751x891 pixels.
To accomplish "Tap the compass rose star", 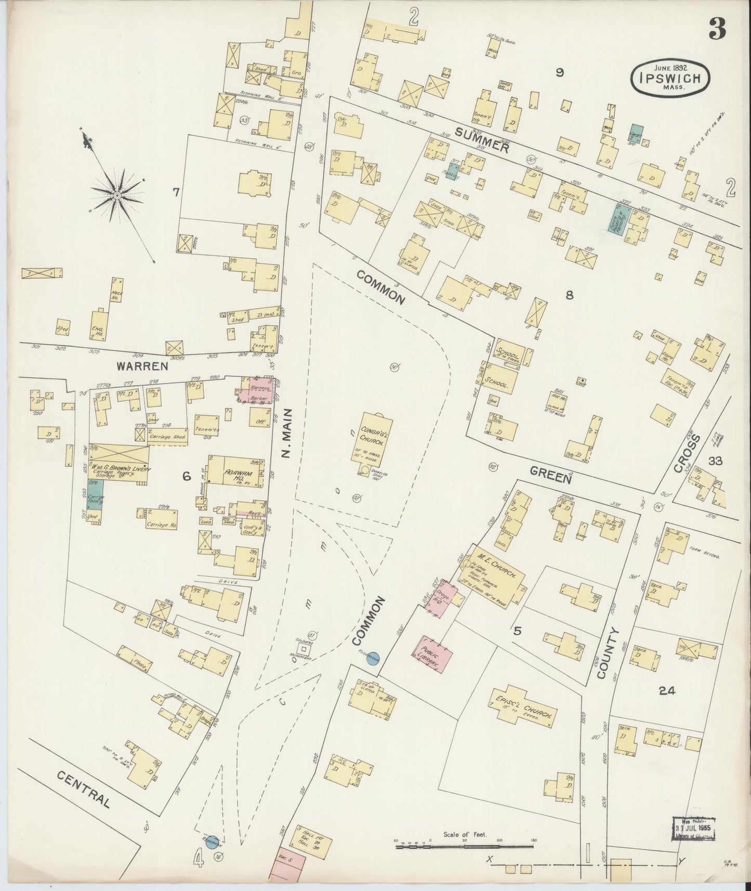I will tap(117, 194).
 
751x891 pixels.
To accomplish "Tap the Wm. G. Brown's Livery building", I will tap(118, 466).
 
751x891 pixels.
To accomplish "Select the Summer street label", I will tap(481, 140).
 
